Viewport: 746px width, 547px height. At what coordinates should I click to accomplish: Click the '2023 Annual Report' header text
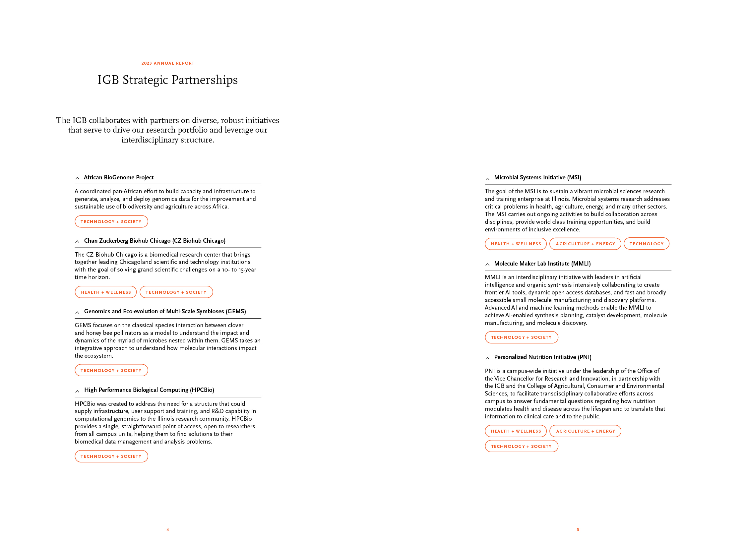coord(168,63)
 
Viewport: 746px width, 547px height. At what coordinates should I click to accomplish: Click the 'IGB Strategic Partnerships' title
coord(167,80)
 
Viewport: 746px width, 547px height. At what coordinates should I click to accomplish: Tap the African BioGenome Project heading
coord(118,177)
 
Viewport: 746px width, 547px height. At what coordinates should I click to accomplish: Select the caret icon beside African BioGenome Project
coord(77,178)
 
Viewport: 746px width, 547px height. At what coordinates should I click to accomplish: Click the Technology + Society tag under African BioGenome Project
coord(111,221)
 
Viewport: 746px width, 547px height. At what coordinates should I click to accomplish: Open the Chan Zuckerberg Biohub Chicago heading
coord(155,241)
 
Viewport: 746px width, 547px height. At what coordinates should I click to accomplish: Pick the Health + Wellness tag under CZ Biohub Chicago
coord(105,292)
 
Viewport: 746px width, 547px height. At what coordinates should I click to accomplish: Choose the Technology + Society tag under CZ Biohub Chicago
coord(176,292)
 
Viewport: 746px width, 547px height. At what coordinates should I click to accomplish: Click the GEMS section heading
coord(165,311)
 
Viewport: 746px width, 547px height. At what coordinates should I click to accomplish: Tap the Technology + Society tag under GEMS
coord(111,370)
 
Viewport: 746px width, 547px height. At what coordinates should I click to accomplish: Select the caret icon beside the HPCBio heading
coord(77,392)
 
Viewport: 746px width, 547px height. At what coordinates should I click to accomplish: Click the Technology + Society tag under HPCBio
coord(111,456)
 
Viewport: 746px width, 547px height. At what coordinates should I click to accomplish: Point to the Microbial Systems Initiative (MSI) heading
coord(537,177)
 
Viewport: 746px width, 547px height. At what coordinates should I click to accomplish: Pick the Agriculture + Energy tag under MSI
coord(585,244)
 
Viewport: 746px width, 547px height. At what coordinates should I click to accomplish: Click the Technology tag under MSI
coord(646,244)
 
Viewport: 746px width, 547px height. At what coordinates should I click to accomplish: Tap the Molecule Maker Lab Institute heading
coord(542,264)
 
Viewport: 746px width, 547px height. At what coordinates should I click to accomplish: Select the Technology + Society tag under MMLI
coord(521,337)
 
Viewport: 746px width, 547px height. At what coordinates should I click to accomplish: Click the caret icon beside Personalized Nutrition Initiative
coord(487,358)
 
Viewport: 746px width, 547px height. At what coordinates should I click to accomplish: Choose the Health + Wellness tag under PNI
coord(516,431)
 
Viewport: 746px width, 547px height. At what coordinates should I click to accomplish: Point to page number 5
coord(578,529)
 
